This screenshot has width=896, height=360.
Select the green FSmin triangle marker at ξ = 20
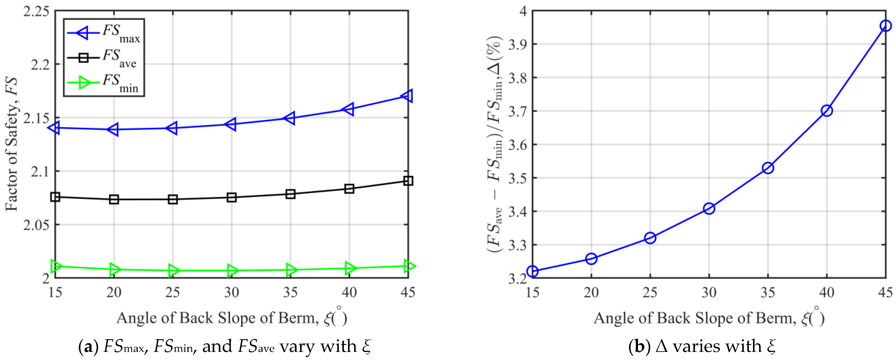pyautogui.click(x=114, y=269)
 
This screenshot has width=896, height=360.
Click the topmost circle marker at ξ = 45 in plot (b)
pyautogui.click(x=885, y=26)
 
